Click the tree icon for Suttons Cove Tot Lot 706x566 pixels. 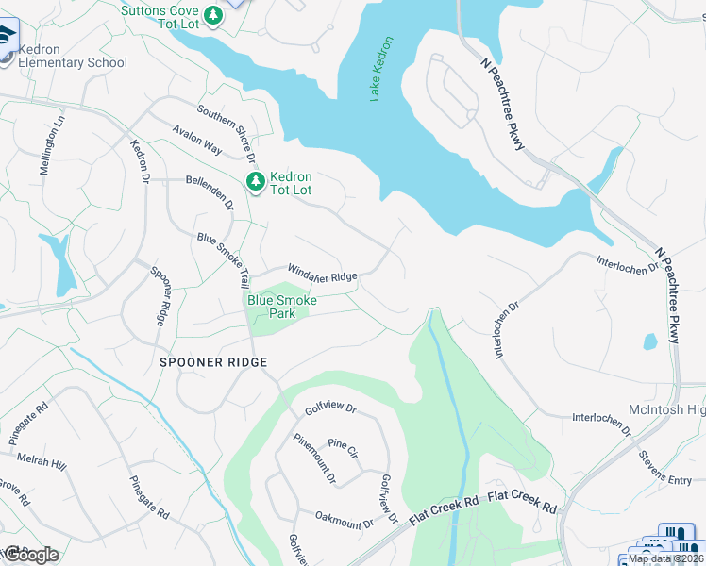tap(214, 15)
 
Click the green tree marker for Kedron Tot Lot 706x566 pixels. tap(253, 181)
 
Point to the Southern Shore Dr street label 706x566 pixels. tap(224, 138)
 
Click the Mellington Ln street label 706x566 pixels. tap(50, 146)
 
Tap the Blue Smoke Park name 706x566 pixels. tap(282, 307)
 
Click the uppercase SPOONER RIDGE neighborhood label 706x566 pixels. tap(213, 362)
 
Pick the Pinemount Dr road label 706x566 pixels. tap(314, 458)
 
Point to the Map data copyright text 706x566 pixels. tap(665, 558)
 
